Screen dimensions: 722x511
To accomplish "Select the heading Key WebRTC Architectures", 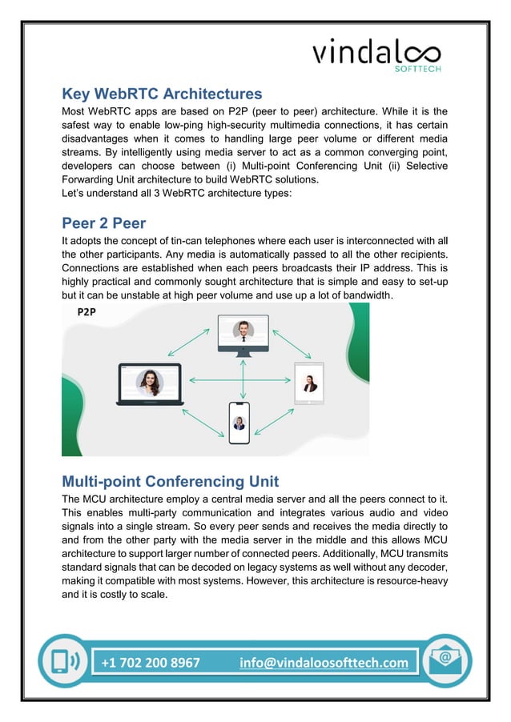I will pos(162,94).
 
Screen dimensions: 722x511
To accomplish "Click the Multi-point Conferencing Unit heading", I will pos(170,481).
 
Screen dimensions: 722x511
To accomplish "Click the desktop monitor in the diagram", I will pos(243,335).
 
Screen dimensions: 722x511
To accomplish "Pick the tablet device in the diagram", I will pos(308,383).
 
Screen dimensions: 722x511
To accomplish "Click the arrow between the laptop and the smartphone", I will pos(201,422).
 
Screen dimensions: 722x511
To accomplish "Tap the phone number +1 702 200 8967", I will pos(151,663).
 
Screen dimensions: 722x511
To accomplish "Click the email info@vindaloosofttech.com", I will pos(323,663).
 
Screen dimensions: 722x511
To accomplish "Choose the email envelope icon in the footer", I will pos(446,661).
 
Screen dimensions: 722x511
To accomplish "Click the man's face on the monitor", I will pos(243,329).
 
